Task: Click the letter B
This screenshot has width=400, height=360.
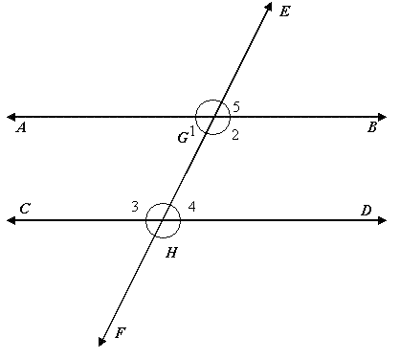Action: (372, 127)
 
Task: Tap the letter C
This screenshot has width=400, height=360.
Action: (25, 208)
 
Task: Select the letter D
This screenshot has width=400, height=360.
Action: (366, 210)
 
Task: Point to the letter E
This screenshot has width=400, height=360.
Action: (284, 11)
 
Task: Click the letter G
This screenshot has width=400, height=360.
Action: (182, 138)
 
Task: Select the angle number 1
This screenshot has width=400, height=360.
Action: (193, 131)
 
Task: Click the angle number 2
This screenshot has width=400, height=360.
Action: (234, 135)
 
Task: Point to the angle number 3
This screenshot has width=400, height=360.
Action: (135, 206)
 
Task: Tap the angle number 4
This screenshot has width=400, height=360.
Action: (191, 206)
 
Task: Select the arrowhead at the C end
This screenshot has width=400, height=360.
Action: (11, 220)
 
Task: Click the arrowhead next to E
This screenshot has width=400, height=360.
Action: (266, 7)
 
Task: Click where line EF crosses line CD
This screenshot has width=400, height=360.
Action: (163, 220)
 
